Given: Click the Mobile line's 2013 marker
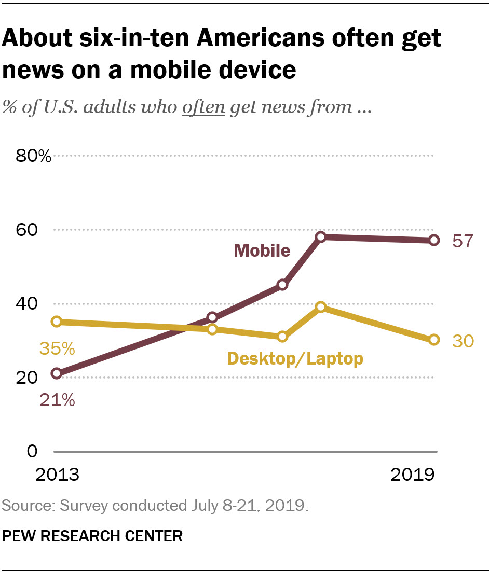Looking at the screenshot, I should click(x=57, y=373).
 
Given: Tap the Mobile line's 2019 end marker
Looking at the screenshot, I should click(x=434, y=240).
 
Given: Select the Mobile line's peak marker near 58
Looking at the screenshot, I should click(x=321, y=237).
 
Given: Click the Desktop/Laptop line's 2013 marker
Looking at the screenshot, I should click(x=57, y=322).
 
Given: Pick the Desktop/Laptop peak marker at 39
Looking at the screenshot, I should click(x=321, y=307).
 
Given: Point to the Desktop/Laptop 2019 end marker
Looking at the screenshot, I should click(x=434, y=340).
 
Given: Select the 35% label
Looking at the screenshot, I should click(x=57, y=348).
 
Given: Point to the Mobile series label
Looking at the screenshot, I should click(x=262, y=250).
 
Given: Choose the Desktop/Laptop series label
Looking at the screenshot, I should click(x=295, y=358).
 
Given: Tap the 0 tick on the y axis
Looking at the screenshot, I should click(x=32, y=451).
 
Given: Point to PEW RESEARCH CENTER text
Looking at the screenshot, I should click(x=92, y=536).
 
